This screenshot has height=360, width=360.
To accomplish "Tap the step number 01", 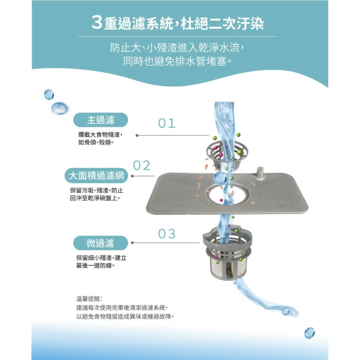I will [x=167, y=123].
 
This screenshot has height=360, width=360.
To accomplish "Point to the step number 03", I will [x=167, y=234].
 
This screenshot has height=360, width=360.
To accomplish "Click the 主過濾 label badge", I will [x=100, y=120].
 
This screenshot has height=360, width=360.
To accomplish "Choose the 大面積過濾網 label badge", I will [x=96, y=176].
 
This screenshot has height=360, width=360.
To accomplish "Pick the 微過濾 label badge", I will [x=100, y=243].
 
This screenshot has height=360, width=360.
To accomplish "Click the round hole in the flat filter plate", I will [x=227, y=194].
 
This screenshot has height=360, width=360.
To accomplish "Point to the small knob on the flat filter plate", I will [x=260, y=172].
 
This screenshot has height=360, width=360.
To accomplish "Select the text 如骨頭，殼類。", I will [x=96, y=143].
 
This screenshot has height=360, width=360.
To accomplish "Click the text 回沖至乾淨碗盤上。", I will [x=95, y=198].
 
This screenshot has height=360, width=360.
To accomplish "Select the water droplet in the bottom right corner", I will [x=309, y=333].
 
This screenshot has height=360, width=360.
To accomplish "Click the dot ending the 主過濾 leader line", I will [x=137, y=135].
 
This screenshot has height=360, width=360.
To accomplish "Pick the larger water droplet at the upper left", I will [x=59, y=108].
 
